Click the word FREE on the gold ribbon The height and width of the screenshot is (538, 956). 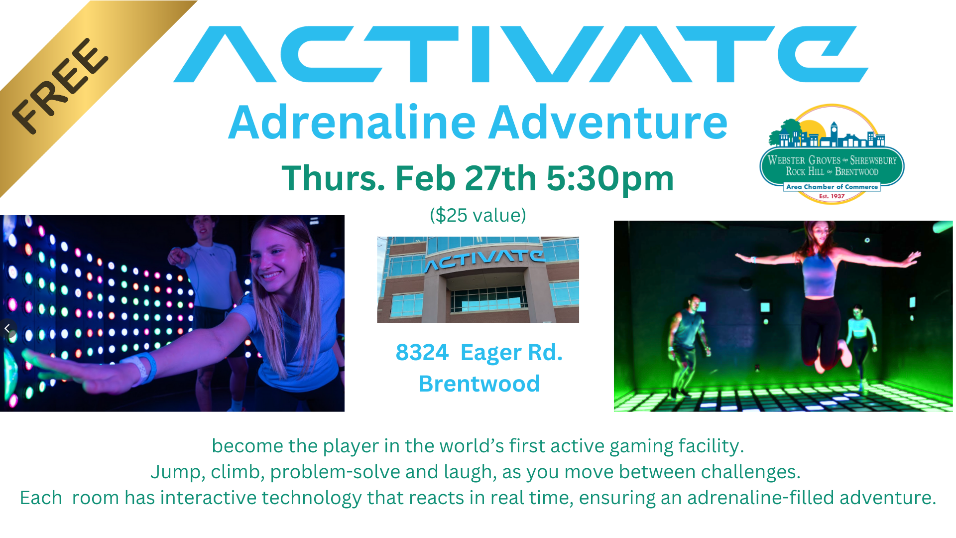pos(60,86)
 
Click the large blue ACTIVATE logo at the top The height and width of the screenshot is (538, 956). pos(521,54)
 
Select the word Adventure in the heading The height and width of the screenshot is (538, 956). pos(608,122)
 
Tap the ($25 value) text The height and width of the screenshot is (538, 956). pos(478,215)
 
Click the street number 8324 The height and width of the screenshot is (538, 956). pos(422,352)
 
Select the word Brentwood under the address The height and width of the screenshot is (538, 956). pos(479,384)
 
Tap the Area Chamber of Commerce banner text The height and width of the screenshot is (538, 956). pos(832,187)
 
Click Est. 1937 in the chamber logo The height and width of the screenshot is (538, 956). pos(832,196)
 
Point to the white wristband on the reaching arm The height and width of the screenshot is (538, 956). pos(143,369)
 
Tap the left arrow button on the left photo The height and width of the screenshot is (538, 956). pos(7,328)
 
